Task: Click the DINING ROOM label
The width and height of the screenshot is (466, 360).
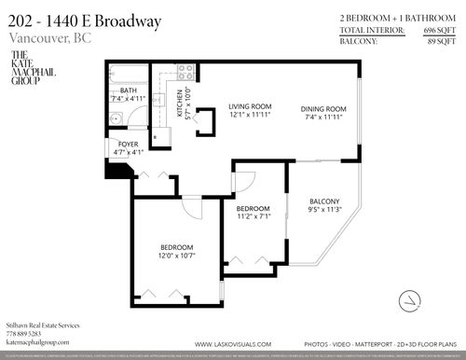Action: (322, 108)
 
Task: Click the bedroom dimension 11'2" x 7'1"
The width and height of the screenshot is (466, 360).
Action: (253, 215)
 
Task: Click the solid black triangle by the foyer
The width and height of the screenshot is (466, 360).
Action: (118, 170)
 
